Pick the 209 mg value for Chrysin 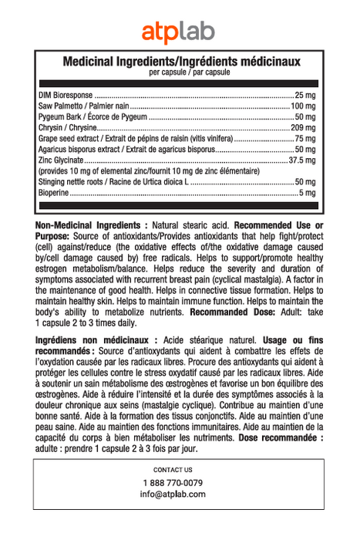(303, 127)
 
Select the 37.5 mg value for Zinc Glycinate (301, 160)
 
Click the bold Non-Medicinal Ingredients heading (91, 224)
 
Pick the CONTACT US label (173, 469)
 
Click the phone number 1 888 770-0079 (173, 483)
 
